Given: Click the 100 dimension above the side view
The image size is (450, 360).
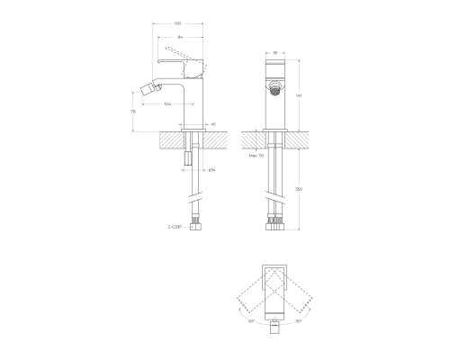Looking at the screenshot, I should [178, 24].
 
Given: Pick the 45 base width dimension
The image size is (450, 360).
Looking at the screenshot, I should [212, 124].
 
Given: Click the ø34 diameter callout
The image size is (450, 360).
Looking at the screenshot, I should [212, 169].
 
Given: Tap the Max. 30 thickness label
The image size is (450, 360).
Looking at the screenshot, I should [255, 156].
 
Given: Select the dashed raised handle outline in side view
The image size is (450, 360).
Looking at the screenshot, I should [175, 49].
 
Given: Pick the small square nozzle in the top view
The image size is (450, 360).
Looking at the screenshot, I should [274, 328].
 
